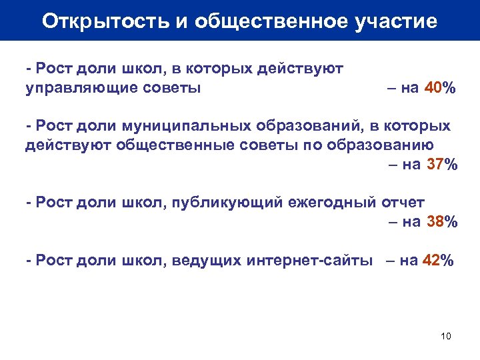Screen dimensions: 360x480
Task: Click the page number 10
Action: (446, 335)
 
